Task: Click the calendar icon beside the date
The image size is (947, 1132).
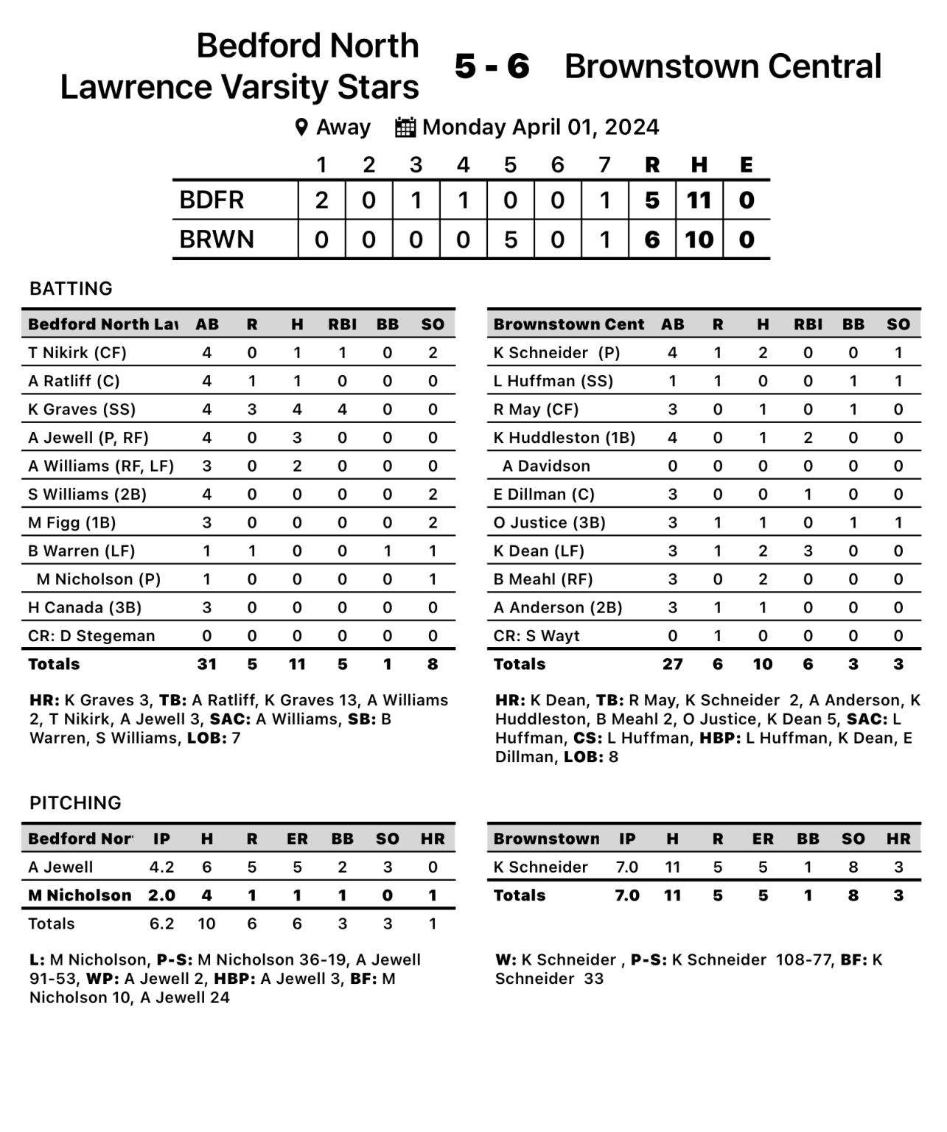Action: pos(405,127)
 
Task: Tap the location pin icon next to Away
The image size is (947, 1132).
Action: pos(301,127)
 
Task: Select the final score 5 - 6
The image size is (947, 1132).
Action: pos(492,66)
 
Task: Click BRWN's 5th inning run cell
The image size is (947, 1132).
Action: pos(510,240)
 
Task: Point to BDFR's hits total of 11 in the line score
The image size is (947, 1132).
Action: pos(699,200)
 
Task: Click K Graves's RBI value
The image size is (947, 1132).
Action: pos(342,410)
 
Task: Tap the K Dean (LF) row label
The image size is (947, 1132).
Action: pos(539,551)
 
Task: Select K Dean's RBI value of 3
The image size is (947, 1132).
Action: pos(808,551)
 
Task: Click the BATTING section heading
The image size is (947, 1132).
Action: pos(71,288)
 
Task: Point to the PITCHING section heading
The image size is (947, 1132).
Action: pos(75,803)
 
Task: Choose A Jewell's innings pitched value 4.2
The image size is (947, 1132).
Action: pos(161,867)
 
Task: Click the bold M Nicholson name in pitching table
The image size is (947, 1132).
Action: pos(80,895)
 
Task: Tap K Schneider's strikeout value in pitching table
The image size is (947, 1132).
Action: pos(853,867)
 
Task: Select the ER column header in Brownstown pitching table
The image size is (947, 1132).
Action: pos(763,839)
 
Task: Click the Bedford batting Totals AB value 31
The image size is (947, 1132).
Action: pos(206,664)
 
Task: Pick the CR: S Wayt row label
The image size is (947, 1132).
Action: pos(537,636)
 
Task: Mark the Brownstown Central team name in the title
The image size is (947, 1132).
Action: pos(722,66)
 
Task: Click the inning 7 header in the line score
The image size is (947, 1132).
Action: pos(604,164)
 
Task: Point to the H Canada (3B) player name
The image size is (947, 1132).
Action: pos(85,608)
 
